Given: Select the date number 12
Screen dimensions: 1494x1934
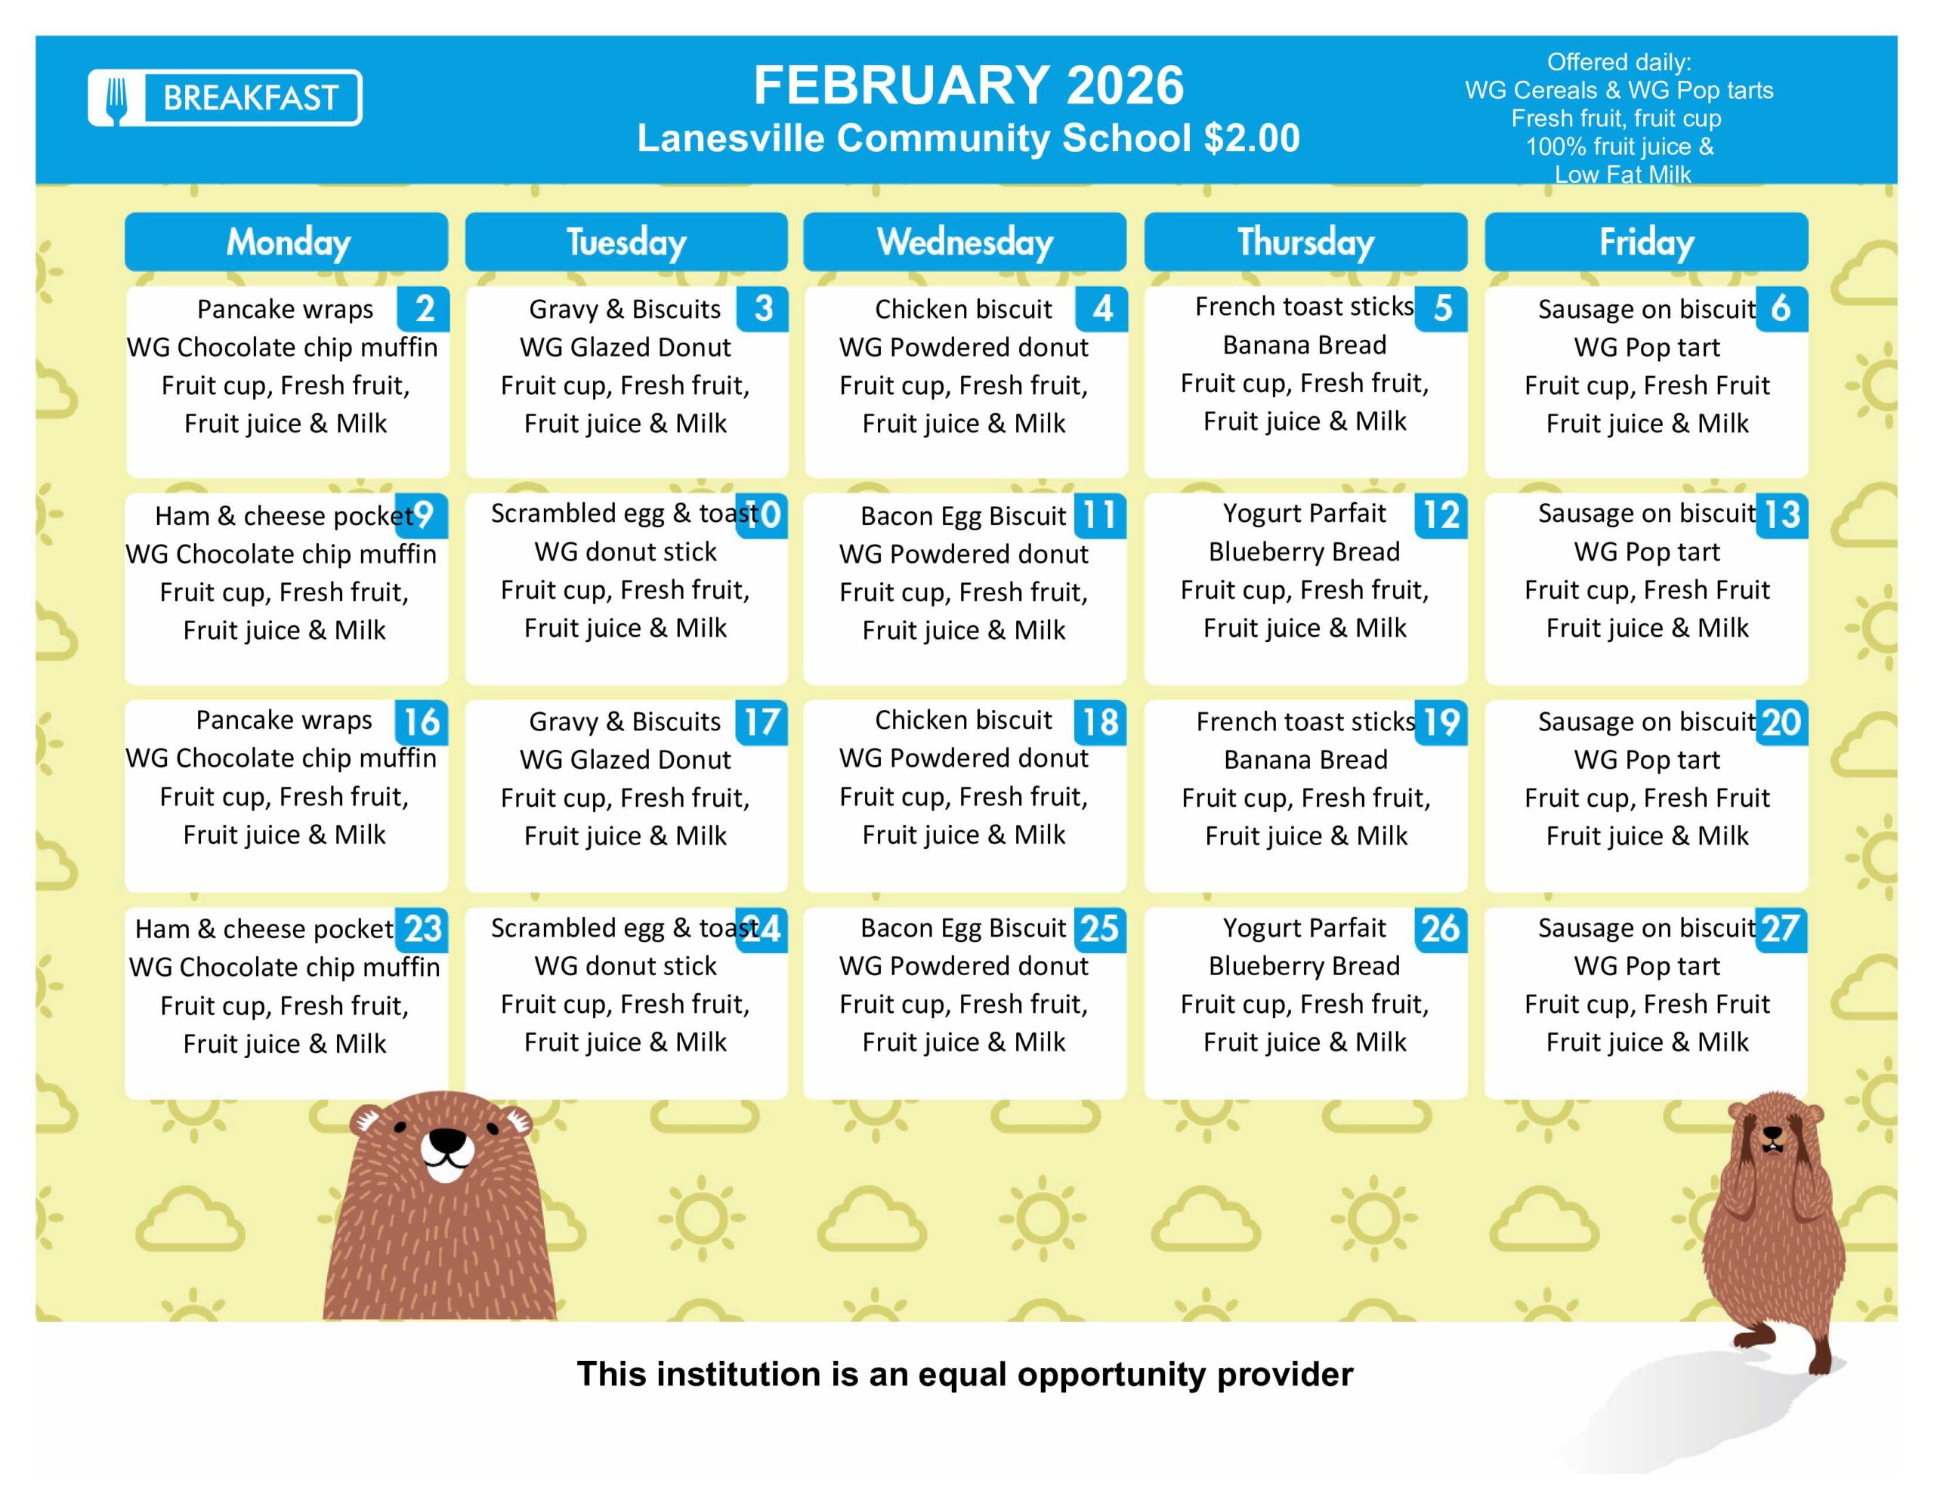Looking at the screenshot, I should pos(1441,515).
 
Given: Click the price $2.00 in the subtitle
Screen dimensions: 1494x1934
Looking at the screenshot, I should pos(1251,138).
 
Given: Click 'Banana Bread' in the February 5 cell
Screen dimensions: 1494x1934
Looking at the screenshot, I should pos(1305,344).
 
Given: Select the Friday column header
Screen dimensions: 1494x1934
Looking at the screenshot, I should pos(1646,242).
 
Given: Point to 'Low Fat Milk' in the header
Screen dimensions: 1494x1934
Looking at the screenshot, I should pos(1622,174).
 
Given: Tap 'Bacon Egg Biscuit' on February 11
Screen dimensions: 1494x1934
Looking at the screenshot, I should pos(962,515).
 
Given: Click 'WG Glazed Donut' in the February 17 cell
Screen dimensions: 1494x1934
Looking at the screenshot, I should pos(626,759).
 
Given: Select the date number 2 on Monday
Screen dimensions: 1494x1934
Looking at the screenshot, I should pos(424,308).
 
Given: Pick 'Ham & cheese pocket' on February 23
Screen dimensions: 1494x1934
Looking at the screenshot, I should pos(264,928).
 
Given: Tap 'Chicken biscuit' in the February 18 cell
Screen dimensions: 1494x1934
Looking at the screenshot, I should pos(962,719).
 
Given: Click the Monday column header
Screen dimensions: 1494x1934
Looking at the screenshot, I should pos(287,242).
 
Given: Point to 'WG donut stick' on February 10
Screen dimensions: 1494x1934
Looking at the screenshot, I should pos(626,551).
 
